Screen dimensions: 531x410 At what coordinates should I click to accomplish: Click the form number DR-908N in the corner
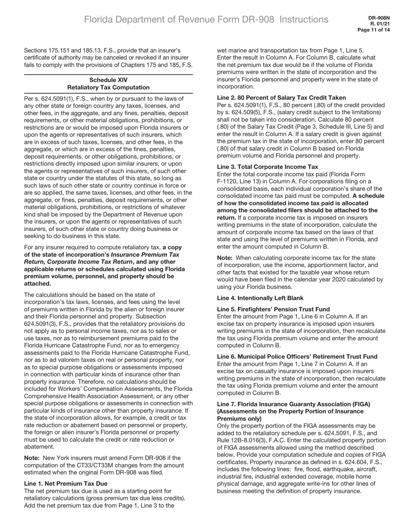click(379, 18)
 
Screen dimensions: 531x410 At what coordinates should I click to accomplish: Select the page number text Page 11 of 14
click(374, 30)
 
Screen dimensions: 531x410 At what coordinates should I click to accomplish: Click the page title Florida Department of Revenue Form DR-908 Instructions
click(206, 19)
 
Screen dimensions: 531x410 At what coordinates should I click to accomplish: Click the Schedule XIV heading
click(108, 80)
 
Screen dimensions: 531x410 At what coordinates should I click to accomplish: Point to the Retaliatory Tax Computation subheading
click(108, 87)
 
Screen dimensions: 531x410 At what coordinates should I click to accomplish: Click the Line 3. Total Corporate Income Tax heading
click(267, 167)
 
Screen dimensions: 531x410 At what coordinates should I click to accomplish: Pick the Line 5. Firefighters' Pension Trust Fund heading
click(273, 309)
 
